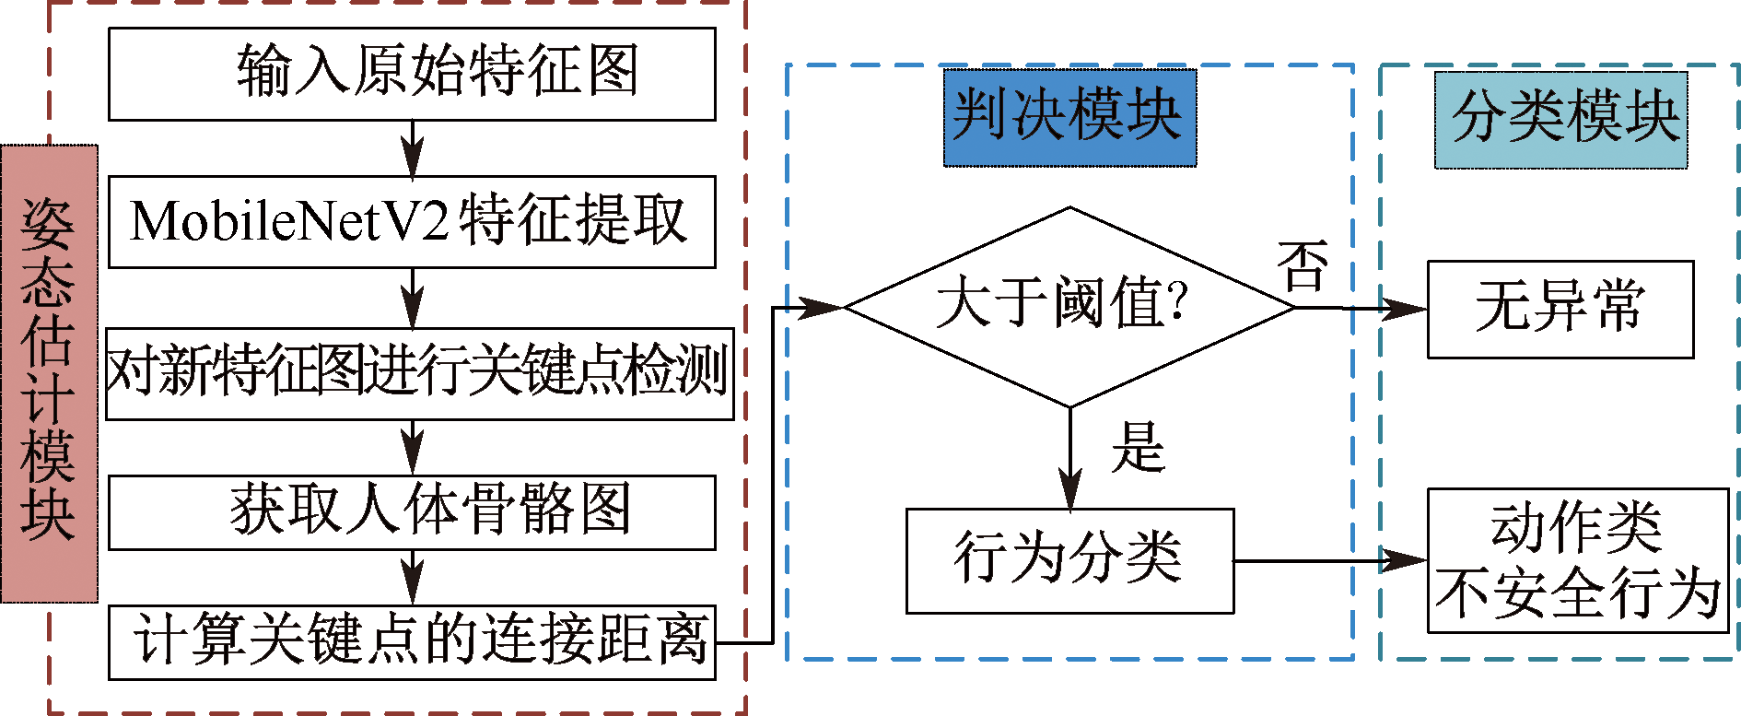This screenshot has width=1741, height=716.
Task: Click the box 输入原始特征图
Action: [412, 74]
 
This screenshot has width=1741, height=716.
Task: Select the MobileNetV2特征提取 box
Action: [412, 222]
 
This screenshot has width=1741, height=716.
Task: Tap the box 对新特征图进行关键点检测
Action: [419, 373]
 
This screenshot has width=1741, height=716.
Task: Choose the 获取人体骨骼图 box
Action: [412, 512]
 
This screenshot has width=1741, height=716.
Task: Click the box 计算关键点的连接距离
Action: [412, 642]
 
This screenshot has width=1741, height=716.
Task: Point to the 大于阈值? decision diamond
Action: [1069, 307]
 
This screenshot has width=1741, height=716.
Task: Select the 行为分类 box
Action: [1069, 560]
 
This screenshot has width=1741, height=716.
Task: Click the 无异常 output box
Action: [1560, 309]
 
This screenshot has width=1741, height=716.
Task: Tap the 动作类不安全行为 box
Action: [1577, 560]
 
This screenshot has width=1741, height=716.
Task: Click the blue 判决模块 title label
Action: [1069, 117]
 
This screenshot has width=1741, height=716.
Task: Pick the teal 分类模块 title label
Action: [1560, 119]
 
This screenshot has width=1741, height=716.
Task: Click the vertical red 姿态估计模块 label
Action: [49, 373]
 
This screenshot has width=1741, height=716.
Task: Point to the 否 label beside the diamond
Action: [1302, 266]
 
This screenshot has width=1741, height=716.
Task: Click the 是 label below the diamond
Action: [1139, 447]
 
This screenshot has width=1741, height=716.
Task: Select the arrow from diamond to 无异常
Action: [1361, 308]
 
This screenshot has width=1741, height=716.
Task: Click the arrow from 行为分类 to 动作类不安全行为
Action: [1330, 560]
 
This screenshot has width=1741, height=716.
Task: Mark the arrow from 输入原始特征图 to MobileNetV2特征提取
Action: [413, 147]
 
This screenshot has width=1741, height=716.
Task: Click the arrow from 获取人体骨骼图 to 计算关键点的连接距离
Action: [413, 578]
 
